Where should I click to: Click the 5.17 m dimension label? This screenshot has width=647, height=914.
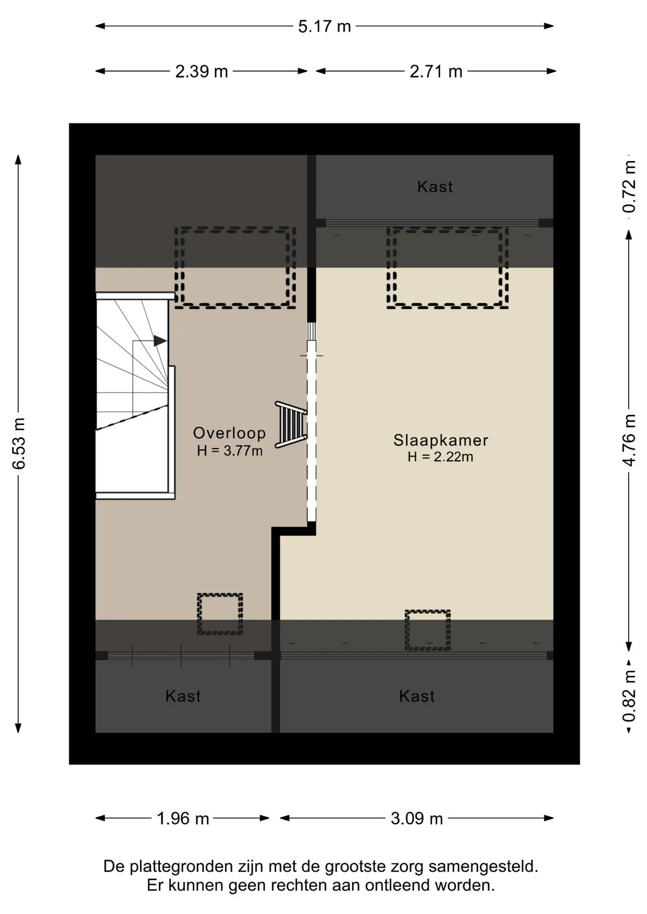point(324,26)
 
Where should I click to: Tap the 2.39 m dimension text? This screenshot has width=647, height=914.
point(202,71)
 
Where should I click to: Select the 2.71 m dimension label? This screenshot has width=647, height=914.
point(436,71)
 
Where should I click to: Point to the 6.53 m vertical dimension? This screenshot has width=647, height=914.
point(19,443)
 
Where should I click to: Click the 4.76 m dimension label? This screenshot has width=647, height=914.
point(629,440)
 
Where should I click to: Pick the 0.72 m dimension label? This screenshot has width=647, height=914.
point(629,187)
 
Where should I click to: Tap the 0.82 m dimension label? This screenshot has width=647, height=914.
point(629,696)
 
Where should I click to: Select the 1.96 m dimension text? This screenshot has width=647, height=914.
point(183,818)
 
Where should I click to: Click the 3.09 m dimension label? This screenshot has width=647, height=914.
point(417,818)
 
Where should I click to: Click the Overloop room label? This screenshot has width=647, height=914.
point(229,433)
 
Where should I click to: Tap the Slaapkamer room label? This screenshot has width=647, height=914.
point(441,440)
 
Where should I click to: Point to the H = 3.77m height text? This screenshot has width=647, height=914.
point(230,450)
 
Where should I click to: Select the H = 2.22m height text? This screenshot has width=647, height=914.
point(440,457)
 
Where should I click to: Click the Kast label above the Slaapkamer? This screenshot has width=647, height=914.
point(435,187)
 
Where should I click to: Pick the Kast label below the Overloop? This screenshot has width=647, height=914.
point(183,696)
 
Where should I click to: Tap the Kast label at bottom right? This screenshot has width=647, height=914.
point(417,696)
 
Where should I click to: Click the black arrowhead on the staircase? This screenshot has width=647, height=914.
point(160,341)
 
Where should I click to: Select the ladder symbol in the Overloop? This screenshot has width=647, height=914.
point(291,425)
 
